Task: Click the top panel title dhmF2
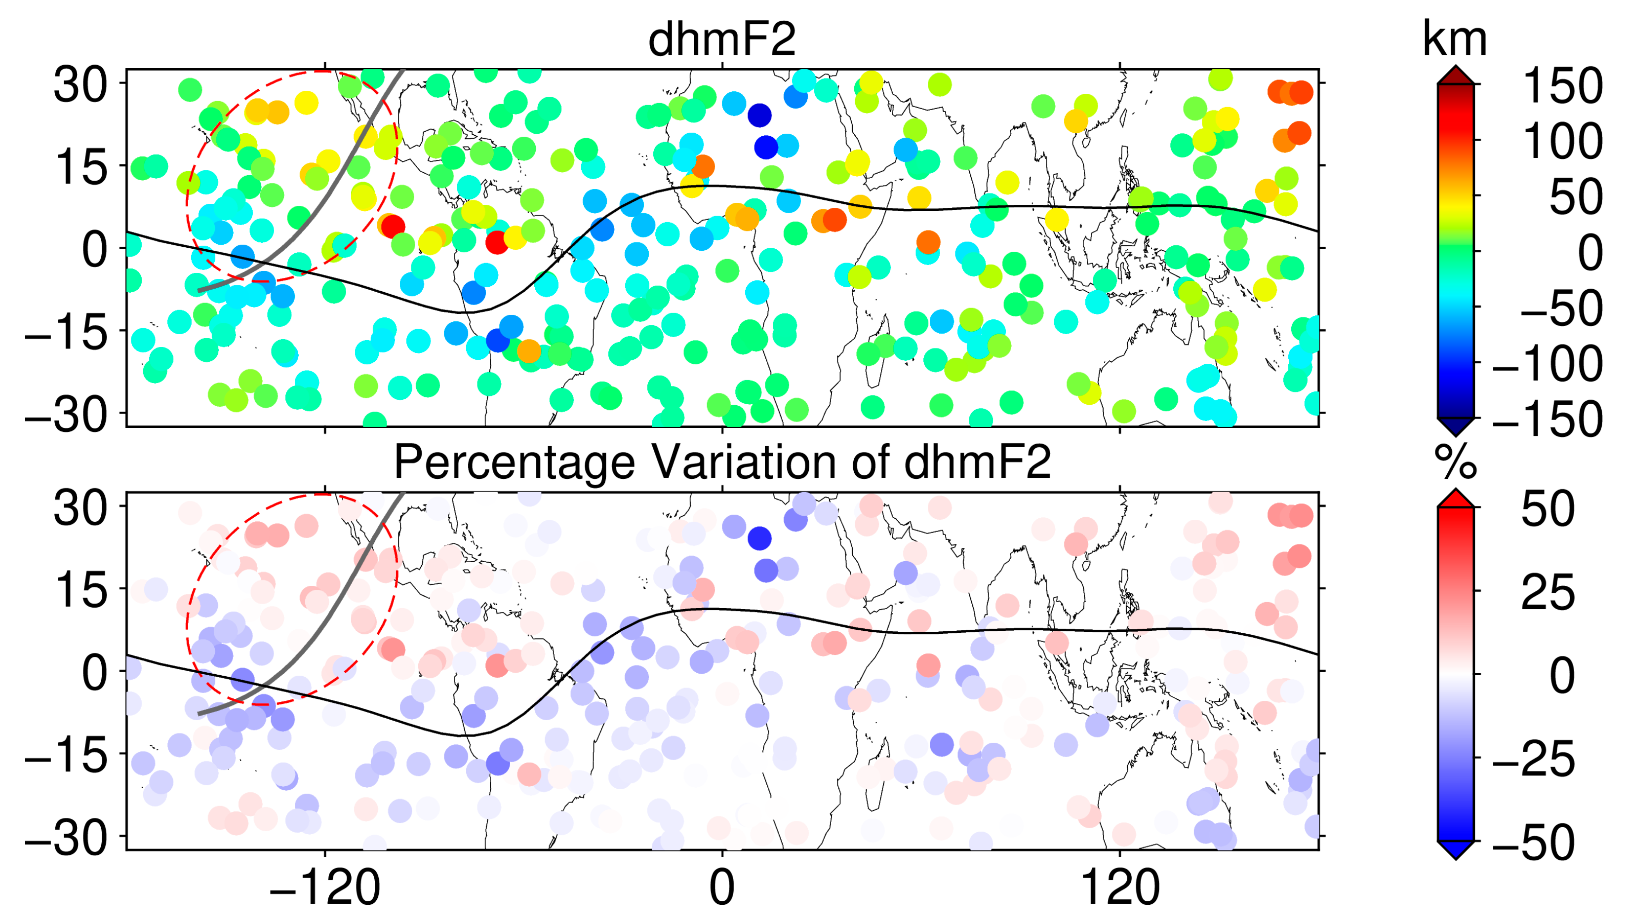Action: click(721, 39)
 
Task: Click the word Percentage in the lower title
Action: click(513, 462)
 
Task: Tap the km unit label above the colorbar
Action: click(1454, 39)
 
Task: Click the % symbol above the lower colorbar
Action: click(1455, 462)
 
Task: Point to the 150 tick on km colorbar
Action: click(1561, 85)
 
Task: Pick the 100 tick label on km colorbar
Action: click(1561, 141)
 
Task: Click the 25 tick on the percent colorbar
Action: click(1547, 592)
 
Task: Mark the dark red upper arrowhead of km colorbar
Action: click(1455, 75)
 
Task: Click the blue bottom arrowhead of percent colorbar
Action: click(1455, 850)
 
